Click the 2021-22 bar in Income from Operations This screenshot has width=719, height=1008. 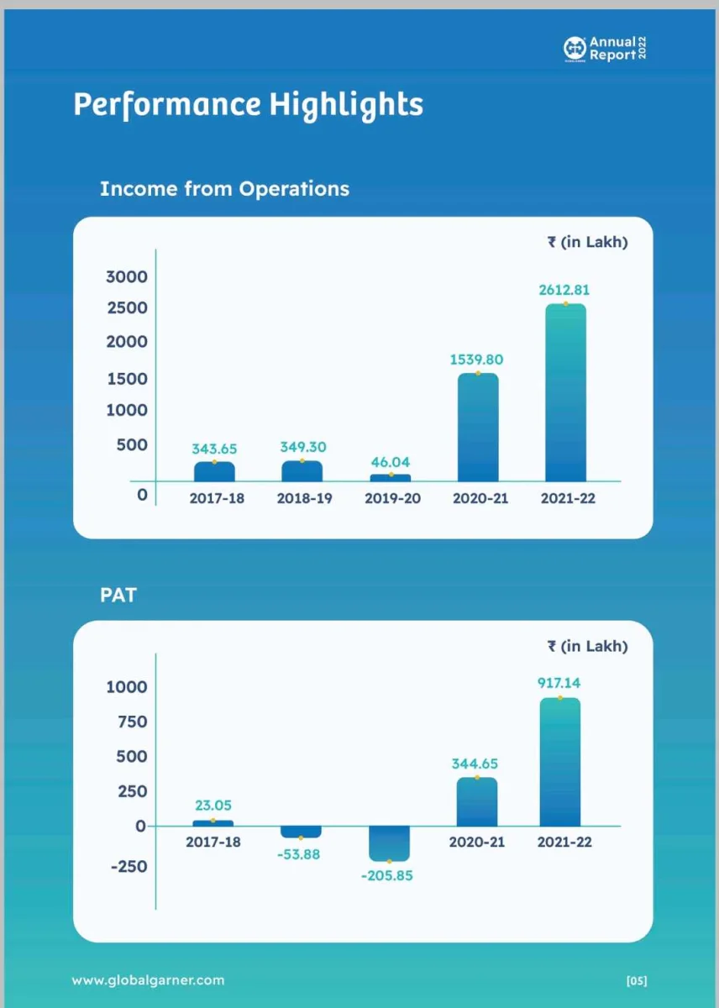(x=565, y=392)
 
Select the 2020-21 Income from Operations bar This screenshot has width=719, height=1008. (x=478, y=427)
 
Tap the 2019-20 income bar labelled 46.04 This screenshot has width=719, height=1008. (x=390, y=477)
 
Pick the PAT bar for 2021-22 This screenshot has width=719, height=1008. (x=560, y=763)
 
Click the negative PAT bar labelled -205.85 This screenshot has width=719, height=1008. (x=389, y=843)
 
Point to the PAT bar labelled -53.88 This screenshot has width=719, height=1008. (x=301, y=832)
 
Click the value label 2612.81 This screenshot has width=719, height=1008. (x=564, y=290)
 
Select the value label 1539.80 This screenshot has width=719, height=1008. (x=476, y=360)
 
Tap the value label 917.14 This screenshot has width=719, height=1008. (x=559, y=683)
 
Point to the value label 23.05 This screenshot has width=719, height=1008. (x=213, y=805)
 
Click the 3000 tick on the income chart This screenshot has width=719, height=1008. (x=127, y=276)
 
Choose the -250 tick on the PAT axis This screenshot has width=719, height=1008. (x=129, y=866)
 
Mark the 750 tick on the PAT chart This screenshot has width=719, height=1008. (x=132, y=722)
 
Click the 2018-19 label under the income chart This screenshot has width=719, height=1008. (x=305, y=498)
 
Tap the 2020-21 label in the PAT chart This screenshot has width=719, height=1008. (x=476, y=842)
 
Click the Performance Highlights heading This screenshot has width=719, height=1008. (x=249, y=105)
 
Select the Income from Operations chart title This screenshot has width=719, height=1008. (x=224, y=189)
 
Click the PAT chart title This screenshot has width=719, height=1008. (x=118, y=595)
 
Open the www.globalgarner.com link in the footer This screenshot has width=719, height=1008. (x=148, y=980)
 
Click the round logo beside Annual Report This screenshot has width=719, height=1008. (x=575, y=48)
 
